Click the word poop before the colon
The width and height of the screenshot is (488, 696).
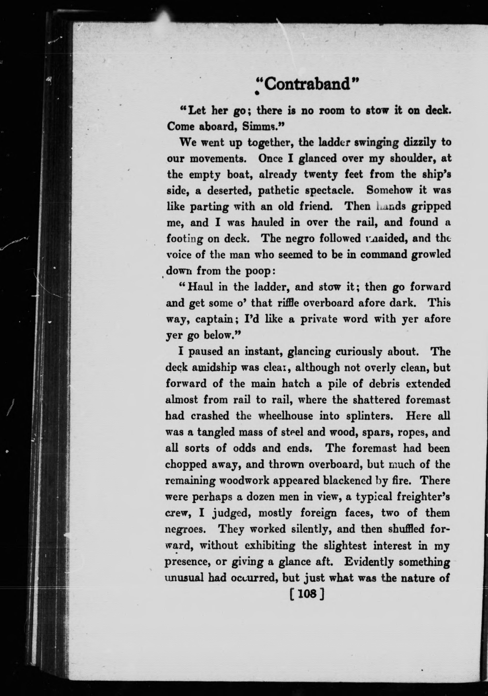257,270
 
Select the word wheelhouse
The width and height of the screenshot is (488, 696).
285,416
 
